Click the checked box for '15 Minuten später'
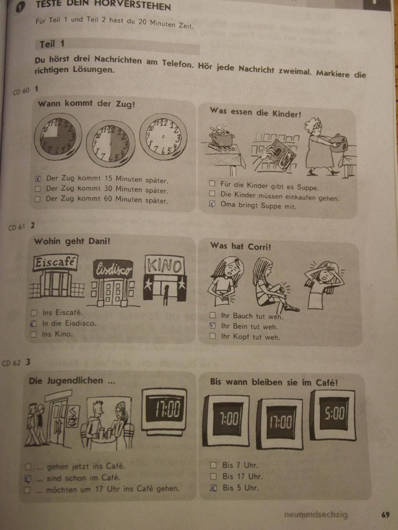coord(38,179)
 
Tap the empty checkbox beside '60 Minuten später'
coord(38,199)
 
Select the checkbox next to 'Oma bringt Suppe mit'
coord(212,204)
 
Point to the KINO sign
coord(165,266)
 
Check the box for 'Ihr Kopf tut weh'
coord(213,336)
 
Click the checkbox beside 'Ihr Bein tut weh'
coord(213,325)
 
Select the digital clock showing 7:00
coord(226,420)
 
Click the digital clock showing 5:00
coord(333,415)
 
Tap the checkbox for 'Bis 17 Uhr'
coord(213,476)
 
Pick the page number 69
coord(385,515)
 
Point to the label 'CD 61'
coord(16,227)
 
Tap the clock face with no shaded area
coord(163,136)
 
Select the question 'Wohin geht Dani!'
coord(72,241)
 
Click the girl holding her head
coord(324,284)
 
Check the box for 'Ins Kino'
coord(33,334)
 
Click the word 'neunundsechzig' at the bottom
coord(316,515)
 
